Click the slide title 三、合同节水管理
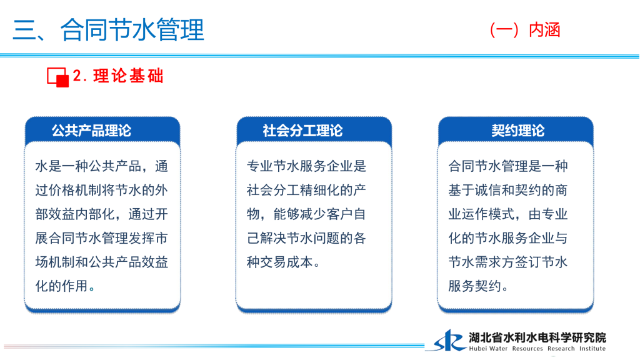(108, 30)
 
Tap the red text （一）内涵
(524, 30)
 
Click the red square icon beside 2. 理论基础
(57, 77)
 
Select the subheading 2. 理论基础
(118, 76)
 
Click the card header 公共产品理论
(91, 131)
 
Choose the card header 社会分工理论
(302, 131)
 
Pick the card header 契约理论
(517, 131)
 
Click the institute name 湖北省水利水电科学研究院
(537, 337)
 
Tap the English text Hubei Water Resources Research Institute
(537, 349)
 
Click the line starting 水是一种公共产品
(102, 166)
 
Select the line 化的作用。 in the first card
(65, 286)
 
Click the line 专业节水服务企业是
(306, 166)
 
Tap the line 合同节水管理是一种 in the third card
(507, 166)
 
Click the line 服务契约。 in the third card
(478, 286)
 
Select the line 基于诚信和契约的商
(507, 190)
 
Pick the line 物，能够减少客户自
(306, 214)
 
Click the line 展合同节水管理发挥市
(102, 238)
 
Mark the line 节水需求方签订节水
(507, 262)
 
